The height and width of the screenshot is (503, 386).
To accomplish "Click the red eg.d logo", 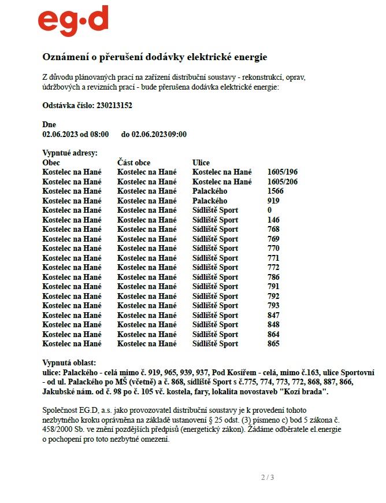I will [x=73, y=22].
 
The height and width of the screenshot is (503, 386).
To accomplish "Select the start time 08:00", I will [x=99, y=134].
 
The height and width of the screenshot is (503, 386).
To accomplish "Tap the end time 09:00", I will [x=177, y=134].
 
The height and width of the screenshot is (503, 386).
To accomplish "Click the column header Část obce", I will [x=133, y=162].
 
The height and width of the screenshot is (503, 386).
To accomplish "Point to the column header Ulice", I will [x=201, y=162].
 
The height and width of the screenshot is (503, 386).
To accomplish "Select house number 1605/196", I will [x=283, y=172].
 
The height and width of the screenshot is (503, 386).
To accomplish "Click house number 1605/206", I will [x=283, y=182].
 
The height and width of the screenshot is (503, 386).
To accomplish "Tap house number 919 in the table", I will [x=273, y=201].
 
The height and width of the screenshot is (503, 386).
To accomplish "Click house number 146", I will [x=273, y=220].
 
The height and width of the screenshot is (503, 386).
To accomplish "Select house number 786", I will [x=273, y=277].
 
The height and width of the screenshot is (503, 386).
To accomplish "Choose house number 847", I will [x=273, y=315].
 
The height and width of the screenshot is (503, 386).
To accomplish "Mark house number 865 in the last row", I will [x=273, y=343].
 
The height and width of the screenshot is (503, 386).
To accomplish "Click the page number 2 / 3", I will [x=268, y=477].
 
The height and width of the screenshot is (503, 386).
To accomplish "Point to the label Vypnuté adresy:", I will [x=70, y=153].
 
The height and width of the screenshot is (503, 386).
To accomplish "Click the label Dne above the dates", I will [x=49, y=124].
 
